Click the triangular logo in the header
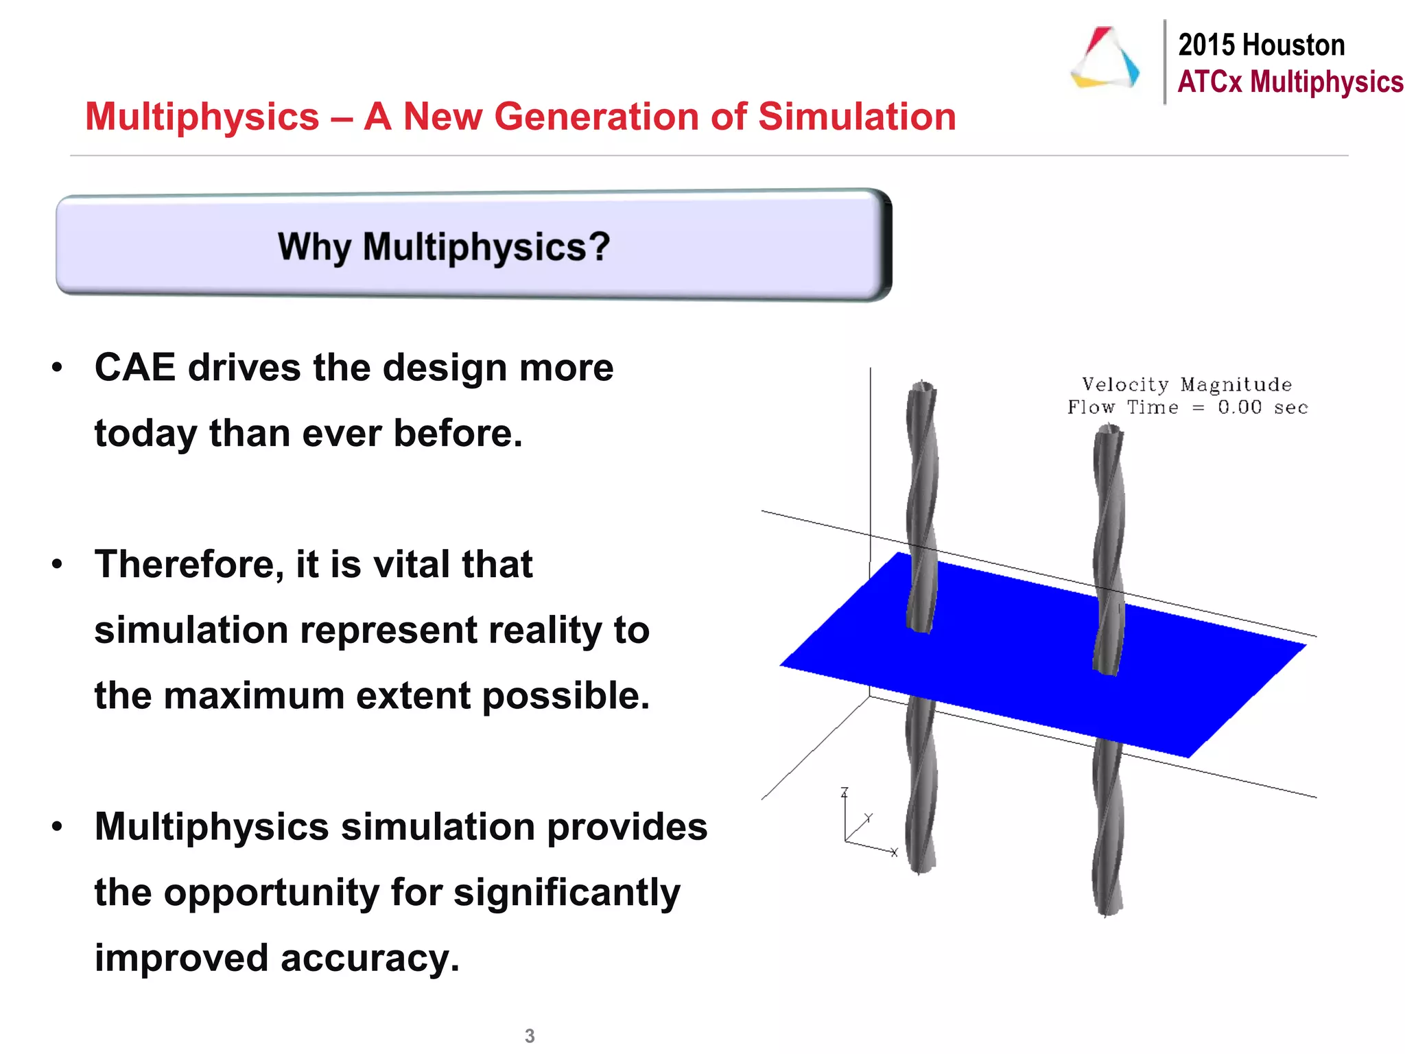[1105, 59]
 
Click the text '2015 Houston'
[1261, 45]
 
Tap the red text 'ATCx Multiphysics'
[1290, 82]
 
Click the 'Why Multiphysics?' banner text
[444, 246]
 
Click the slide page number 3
[530, 1035]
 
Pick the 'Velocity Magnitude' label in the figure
[1186, 385]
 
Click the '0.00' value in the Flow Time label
[1240, 408]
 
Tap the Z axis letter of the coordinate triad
[845, 793]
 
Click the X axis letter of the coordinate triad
[894, 852]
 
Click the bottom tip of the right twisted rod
[1106, 913]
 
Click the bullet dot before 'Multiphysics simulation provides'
[58, 827]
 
